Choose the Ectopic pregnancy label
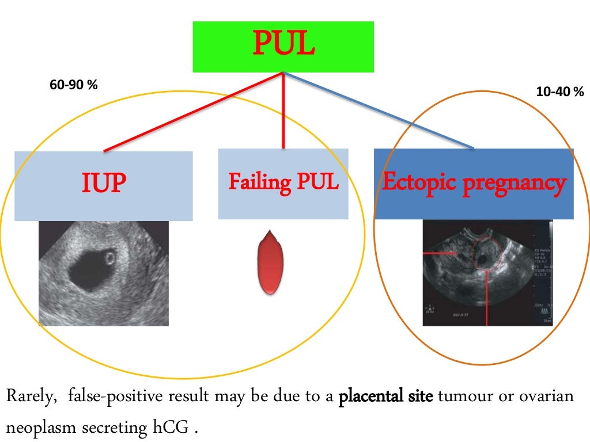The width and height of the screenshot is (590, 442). click(x=474, y=182)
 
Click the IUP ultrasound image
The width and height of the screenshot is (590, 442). click(x=104, y=273)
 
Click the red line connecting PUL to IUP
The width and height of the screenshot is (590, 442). click(x=193, y=112)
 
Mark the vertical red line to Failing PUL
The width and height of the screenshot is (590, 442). click(x=283, y=112)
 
